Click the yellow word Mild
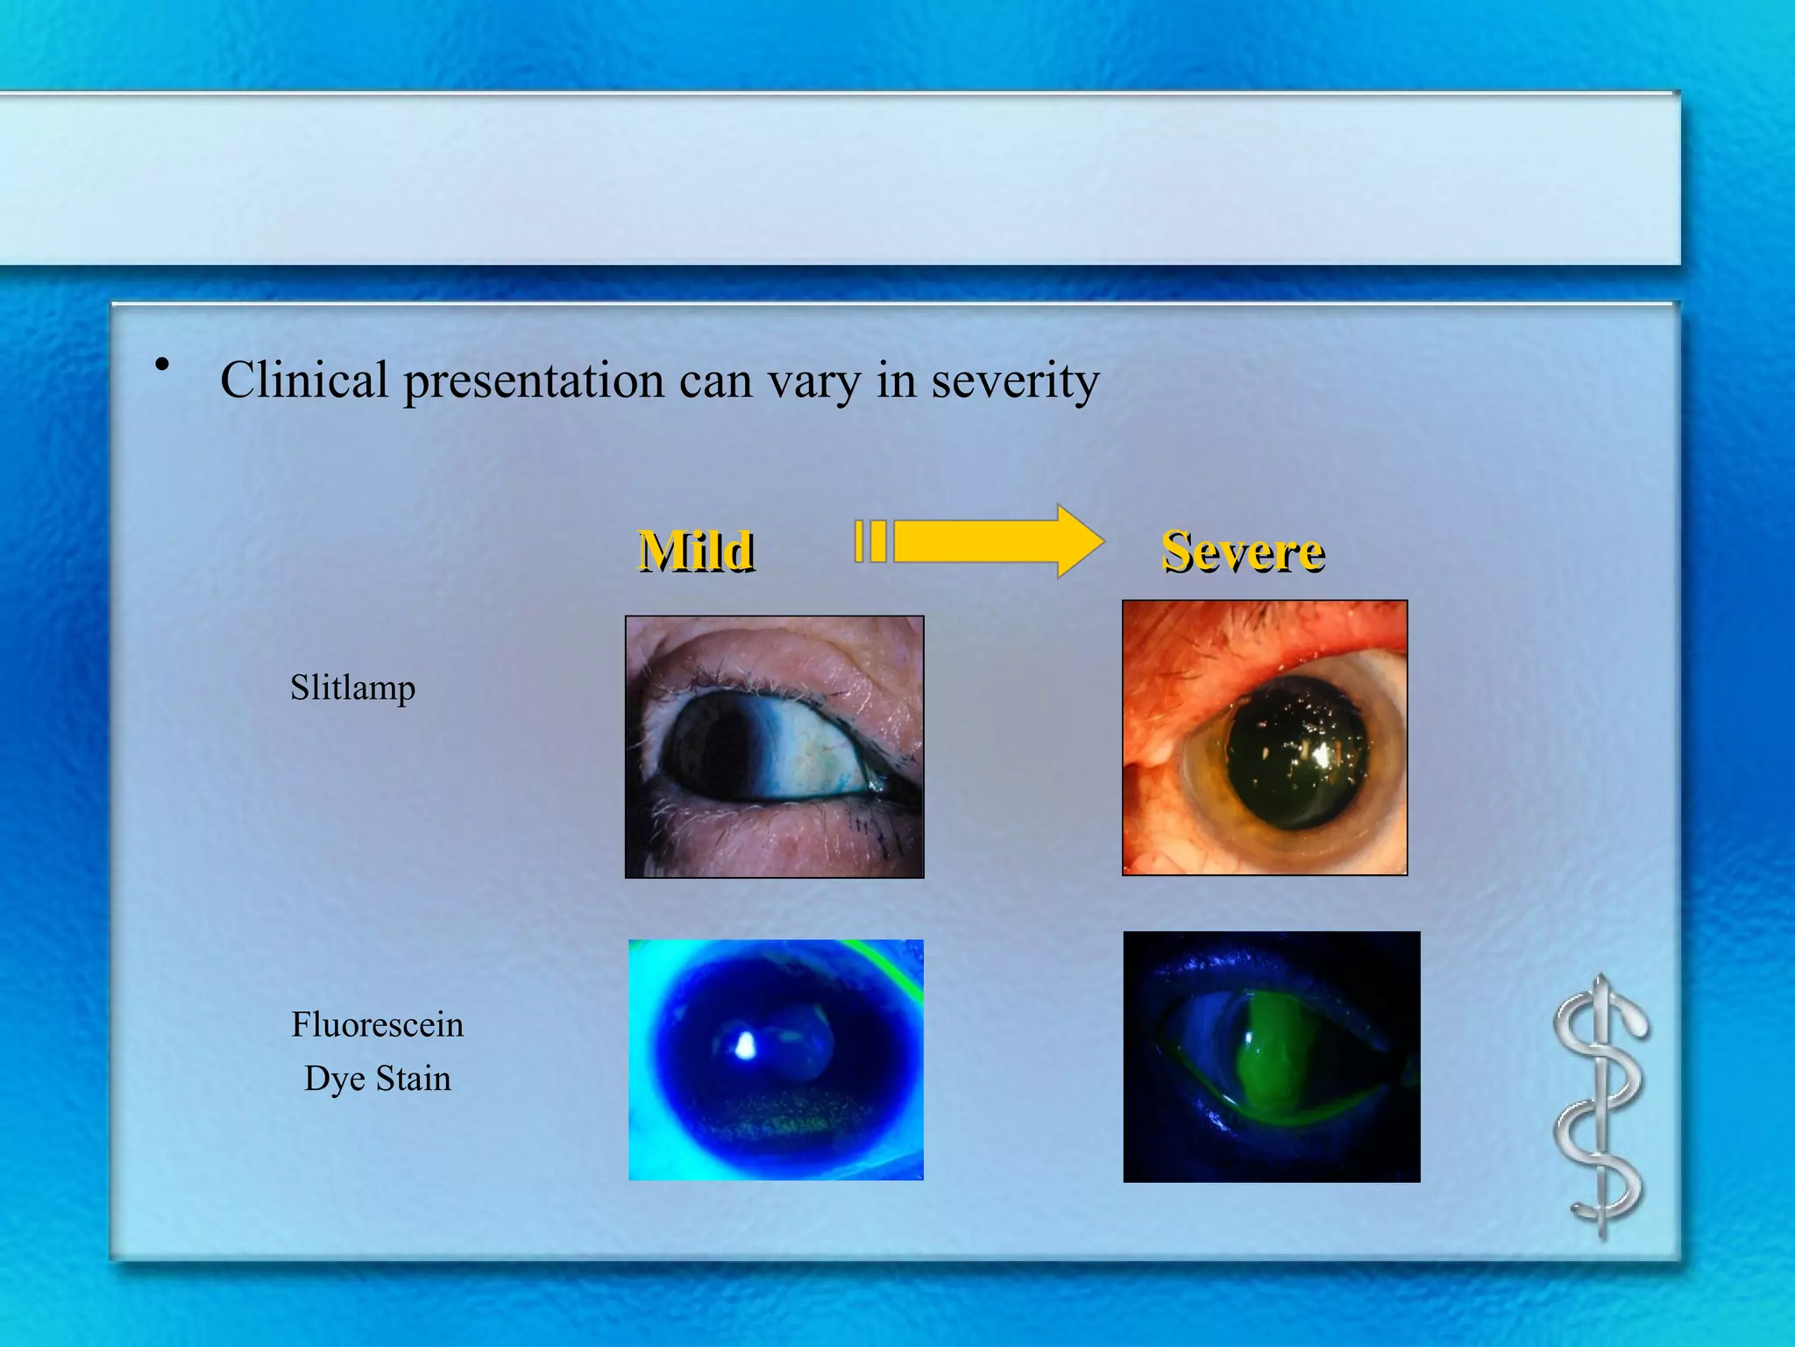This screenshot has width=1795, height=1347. [x=695, y=552]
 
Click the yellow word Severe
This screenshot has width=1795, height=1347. [x=1243, y=552]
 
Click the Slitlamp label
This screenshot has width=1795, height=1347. [x=352, y=687]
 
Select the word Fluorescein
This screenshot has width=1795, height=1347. [x=377, y=1024]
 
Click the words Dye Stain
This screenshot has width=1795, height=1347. [x=377, y=1078]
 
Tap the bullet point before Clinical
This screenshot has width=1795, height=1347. [x=160, y=364]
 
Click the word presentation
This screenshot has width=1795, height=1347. [x=533, y=382]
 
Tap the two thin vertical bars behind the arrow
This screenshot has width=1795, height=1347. [x=870, y=541]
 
